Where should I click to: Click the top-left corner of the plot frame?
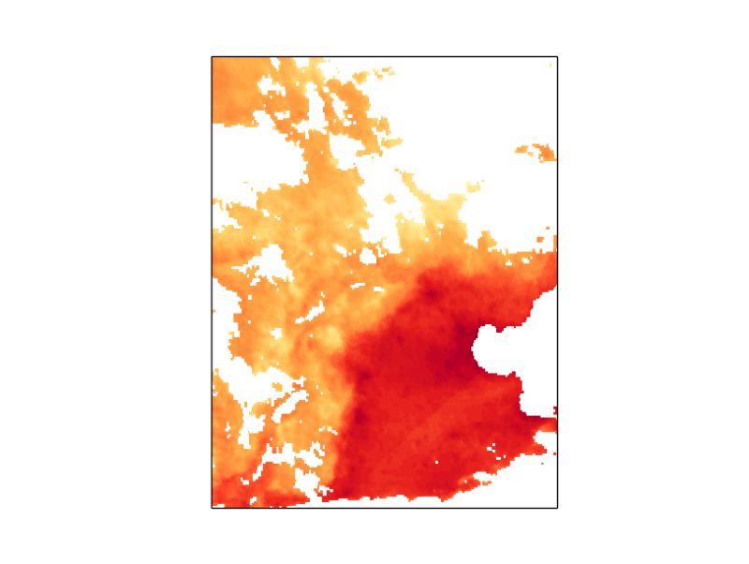[212, 56]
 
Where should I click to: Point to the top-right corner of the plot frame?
[558, 56]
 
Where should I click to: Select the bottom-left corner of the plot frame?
[212, 508]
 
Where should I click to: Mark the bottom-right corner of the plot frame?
[558, 508]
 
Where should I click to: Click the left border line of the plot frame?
[212, 281]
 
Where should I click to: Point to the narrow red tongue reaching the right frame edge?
[548, 424]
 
